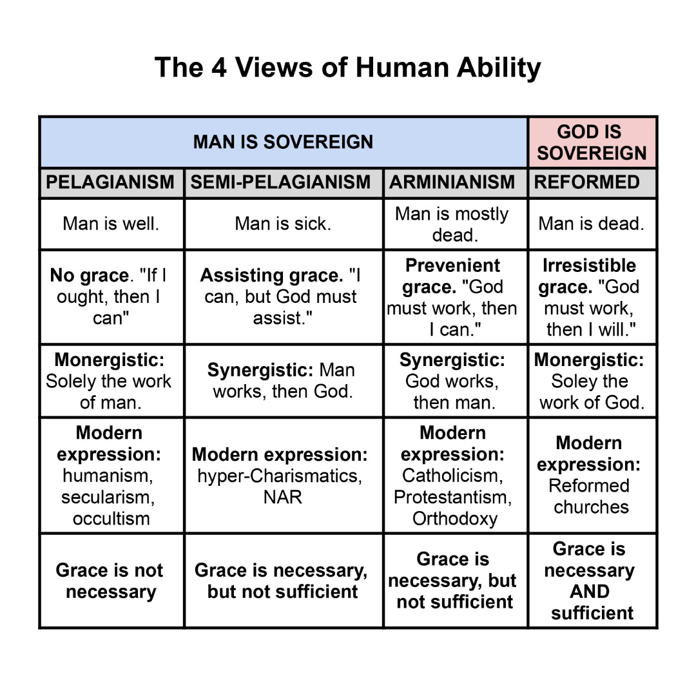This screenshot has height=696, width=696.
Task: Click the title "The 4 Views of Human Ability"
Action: click(x=347, y=67)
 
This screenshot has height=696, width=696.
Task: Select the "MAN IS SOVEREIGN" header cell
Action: click(x=283, y=142)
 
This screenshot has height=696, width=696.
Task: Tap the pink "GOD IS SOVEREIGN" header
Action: click(x=592, y=142)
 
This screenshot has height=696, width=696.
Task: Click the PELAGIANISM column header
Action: click(x=111, y=182)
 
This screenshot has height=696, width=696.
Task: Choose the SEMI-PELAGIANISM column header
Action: click(x=282, y=182)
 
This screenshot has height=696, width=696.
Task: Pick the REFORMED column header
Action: click(x=586, y=182)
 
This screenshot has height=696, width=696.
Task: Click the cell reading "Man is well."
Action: click(x=111, y=224)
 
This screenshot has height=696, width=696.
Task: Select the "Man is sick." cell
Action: click(x=282, y=224)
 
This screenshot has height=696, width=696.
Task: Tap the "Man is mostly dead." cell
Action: click(x=454, y=224)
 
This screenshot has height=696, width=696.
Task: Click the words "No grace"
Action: click(x=89, y=276)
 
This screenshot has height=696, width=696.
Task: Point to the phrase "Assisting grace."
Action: click(x=271, y=276)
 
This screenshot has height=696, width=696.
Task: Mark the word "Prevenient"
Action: click(x=453, y=266)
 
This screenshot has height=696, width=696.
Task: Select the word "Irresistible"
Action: click(x=589, y=266)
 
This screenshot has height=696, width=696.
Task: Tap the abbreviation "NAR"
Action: click(x=282, y=497)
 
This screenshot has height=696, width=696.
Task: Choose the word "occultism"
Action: click(x=111, y=518)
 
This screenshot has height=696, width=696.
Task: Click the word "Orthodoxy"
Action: click(x=455, y=518)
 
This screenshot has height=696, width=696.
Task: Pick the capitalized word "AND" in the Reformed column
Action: click(x=589, y=592)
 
